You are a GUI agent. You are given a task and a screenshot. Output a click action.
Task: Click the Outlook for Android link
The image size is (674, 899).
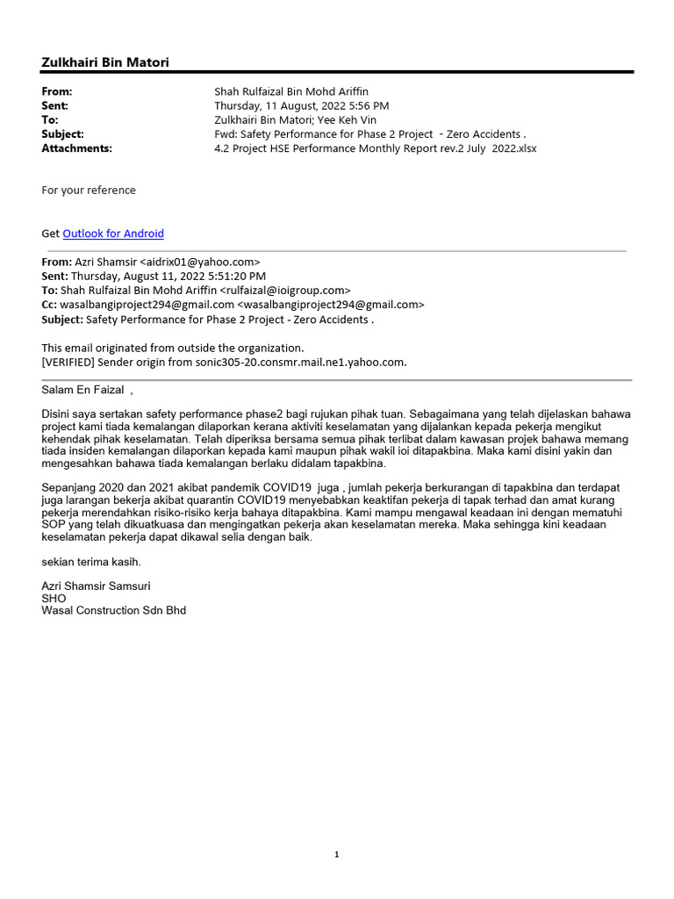pos(113,234)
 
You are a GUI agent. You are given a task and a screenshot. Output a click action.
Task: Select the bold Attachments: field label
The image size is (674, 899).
pos(77,148)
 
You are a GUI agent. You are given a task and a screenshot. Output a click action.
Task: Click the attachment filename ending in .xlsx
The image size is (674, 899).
pos(375,148)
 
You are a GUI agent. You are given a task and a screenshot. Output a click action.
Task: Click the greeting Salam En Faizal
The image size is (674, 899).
pos(82,390)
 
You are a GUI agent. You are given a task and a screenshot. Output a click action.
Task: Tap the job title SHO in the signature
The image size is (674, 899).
pos(54,598)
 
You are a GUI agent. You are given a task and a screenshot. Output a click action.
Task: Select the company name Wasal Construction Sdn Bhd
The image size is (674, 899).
pos(114,610)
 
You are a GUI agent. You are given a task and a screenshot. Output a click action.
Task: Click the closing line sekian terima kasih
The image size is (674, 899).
pos(91,561)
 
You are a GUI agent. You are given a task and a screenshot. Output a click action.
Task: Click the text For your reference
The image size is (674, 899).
pos(89,190)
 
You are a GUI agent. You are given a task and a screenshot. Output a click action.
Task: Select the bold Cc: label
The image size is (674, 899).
pos(49,305)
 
